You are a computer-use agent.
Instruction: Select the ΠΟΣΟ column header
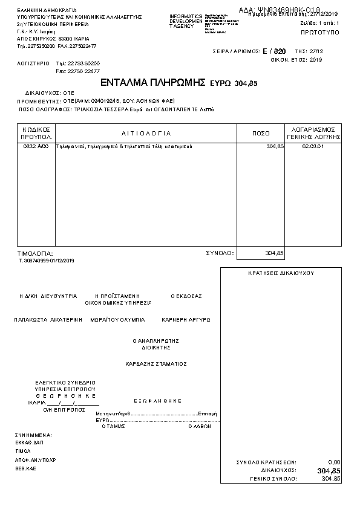pos(261,133)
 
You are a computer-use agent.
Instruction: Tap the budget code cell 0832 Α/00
pos(34,147)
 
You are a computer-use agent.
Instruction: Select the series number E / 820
pos(275,52)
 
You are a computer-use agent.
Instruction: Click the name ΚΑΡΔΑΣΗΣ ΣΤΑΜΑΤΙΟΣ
pos(155,364)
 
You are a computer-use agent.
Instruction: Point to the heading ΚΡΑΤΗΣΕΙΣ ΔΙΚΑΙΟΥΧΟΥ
pos(281,273)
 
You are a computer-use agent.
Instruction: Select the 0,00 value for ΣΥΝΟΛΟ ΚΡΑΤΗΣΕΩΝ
pos(333,462)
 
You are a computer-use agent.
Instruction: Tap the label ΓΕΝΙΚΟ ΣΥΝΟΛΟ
pos(273,479)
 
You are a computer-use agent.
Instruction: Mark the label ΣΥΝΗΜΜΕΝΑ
pos(33,435)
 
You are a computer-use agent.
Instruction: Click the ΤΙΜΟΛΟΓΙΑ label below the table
pos(35,253)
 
